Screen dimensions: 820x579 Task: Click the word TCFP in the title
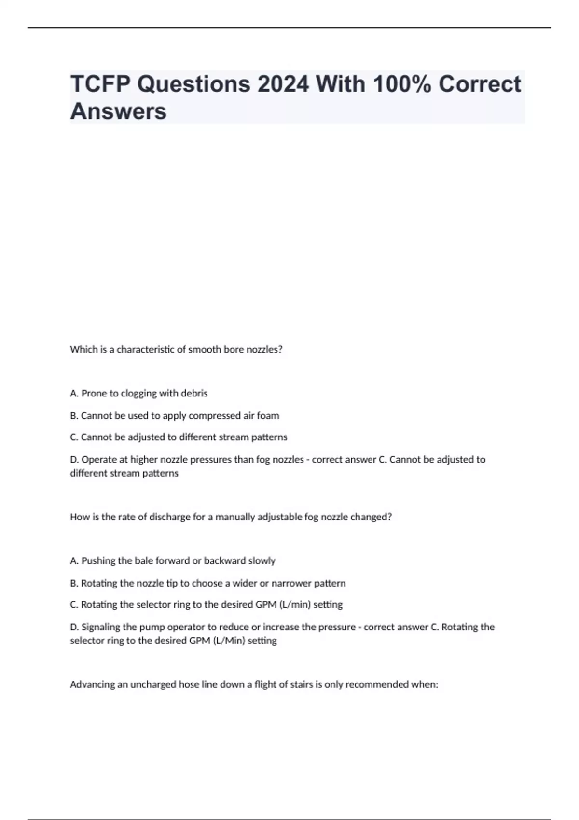point(100,84)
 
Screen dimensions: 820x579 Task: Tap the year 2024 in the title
point(283,84)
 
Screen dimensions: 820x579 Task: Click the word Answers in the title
point(119,111)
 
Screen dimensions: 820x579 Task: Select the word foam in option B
point(268,415)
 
